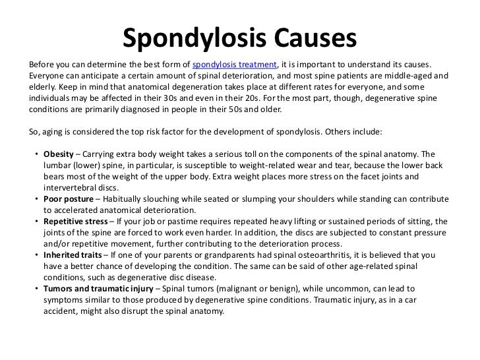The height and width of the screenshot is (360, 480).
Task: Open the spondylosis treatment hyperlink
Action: pyautogui.click(x=234, y=64)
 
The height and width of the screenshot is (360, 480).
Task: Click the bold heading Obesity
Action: pyautogui.click(x=59, y=154)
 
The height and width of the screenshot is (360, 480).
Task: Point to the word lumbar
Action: pyautogui.click(x=57, y=165)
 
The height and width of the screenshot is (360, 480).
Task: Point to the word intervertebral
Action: pyautogui.click(x=71, y=187)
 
